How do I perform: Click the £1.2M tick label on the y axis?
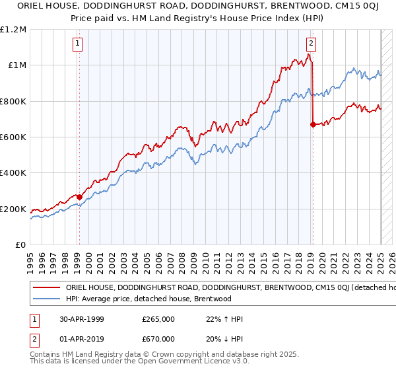14,29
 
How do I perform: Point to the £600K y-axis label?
13,137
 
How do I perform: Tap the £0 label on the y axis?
20,245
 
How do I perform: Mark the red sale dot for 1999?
79,197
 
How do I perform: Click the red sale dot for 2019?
312,124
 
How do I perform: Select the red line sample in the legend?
46,288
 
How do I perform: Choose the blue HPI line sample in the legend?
46,299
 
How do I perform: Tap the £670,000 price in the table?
158,338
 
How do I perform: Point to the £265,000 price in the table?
158,319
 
